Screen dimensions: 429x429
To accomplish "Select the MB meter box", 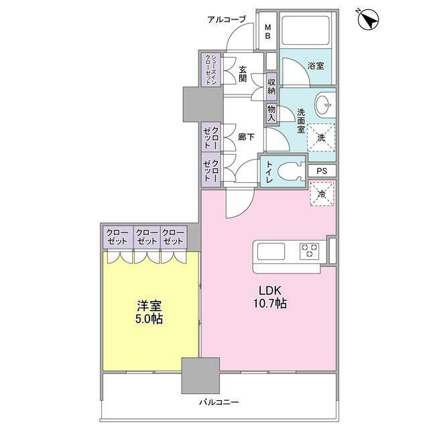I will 267,31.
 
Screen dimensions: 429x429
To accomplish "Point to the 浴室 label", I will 315,66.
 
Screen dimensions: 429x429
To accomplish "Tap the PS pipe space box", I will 322,171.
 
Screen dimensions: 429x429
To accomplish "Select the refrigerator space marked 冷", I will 322,195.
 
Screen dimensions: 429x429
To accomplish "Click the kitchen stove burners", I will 310,251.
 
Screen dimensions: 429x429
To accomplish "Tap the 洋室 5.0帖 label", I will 148,312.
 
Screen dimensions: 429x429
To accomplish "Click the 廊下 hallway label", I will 246,137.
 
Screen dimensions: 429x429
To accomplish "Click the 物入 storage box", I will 271,112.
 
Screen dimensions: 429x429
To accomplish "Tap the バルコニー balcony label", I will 219,403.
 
